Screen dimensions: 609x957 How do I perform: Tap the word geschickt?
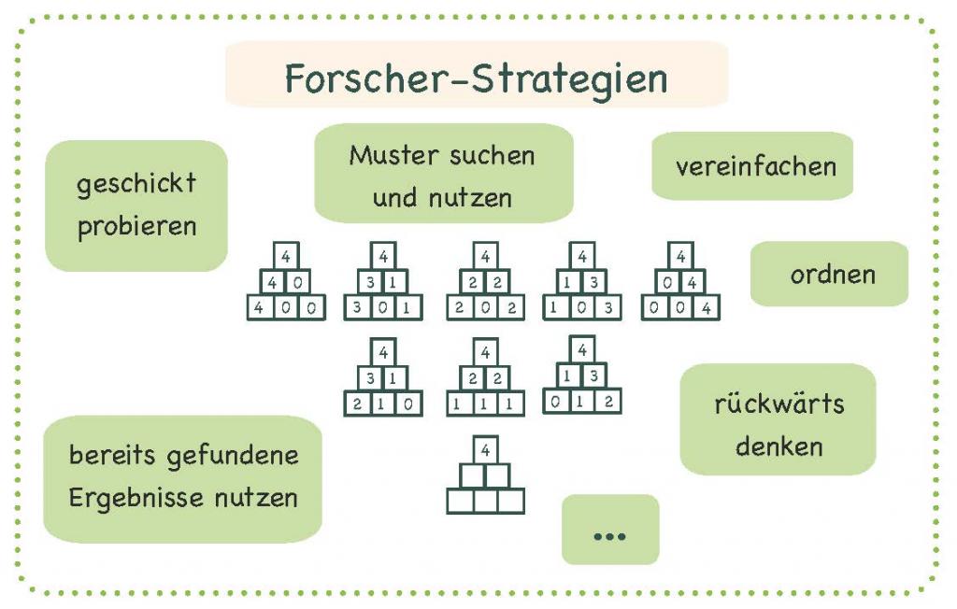pos(136,183)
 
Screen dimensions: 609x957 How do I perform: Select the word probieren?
pos(136,227)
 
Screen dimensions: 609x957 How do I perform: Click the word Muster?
pos(393,155)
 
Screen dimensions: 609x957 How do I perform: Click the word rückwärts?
pos(778,404)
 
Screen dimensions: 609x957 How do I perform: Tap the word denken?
pos(778,446)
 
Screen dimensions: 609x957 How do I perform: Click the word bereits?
pos(111,457)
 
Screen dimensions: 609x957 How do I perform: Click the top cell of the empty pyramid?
pos(485,449)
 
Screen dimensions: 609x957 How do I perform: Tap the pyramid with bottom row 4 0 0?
pos(286,282)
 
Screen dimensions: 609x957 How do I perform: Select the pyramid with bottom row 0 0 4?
pos(680,282)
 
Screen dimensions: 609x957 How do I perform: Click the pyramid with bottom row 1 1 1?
pos(485,379)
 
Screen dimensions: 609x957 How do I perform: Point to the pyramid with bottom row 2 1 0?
pos(383,379)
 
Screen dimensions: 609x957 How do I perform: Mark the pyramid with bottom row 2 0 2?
pos(485,282)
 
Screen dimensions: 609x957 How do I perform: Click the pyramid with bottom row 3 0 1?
pos(383,282)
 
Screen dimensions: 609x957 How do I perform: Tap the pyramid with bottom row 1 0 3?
pos(581,282)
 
